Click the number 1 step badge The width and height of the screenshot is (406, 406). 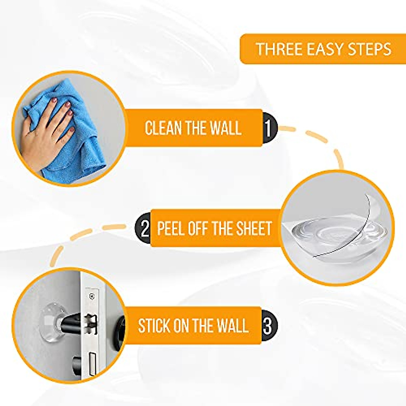click(x=269, y=128)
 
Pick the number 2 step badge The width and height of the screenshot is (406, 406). click(x=144, y=228)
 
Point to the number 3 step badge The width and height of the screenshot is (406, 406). click(x=268, y=325)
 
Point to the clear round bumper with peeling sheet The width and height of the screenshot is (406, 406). click(x=335, y=233)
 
